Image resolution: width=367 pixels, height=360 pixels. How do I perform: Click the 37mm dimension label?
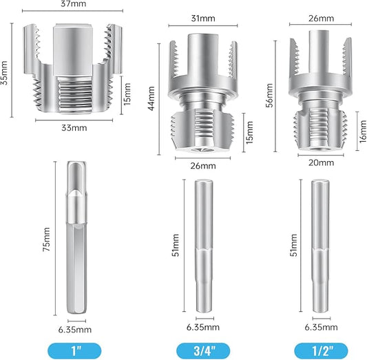73,3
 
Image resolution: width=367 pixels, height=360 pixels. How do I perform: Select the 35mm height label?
4,73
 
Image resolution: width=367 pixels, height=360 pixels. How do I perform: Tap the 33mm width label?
74,128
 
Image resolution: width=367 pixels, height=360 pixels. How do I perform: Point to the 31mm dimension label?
203,19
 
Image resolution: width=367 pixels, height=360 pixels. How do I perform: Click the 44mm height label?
151,98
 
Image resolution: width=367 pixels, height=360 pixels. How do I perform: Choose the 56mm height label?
269,95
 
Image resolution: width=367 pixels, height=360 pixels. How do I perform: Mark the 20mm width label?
321,162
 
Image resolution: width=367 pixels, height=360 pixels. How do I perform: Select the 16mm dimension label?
363,131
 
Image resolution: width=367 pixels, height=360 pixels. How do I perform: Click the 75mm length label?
46,240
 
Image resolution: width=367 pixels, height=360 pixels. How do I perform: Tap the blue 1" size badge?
74,350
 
